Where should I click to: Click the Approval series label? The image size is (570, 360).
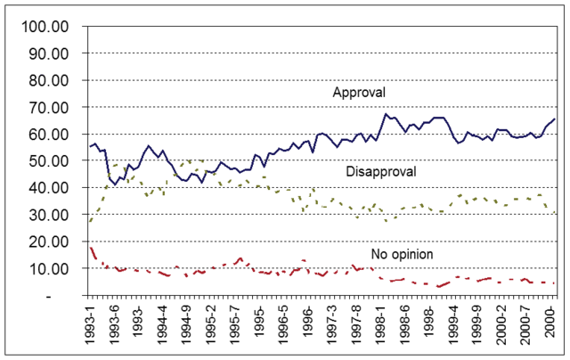point(359,93)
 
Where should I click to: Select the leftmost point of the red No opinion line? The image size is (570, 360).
point(89,247)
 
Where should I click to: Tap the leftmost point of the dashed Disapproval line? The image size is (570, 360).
point(89,221)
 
